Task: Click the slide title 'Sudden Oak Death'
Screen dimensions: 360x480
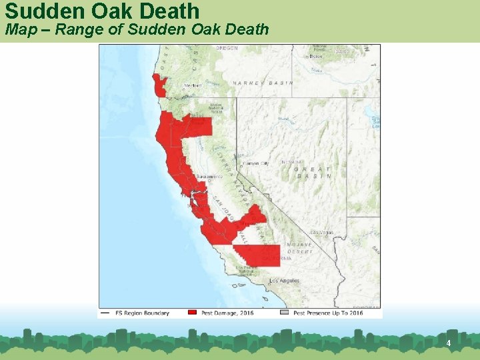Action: pyautogui.click(x=102, y=11)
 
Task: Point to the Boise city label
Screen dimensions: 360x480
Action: pyautogui.click(x=316, y=57)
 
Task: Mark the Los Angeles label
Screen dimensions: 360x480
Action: pyautogui.click(x=284, y=281)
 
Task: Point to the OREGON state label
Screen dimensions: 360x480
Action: pyautogui.click(x=227, y=48)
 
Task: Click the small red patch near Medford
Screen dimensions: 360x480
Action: pyautogui.click(x=159, y=86)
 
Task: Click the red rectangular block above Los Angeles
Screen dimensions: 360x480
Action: pyautogui.click(x=257, y=255)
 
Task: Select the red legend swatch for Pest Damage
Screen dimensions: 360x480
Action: pyautogui.click(x=192, y=313)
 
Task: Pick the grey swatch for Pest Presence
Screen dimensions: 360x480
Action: pyautogui.click(x=284, y=313)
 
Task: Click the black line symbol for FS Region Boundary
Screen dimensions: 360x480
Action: pyautogui.click(x=105, y=313)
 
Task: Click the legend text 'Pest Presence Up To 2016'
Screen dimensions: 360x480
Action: pyautogui.click(x=329, y=313)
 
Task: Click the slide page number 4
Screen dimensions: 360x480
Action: pyautogui.click(x=449, y=343)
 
